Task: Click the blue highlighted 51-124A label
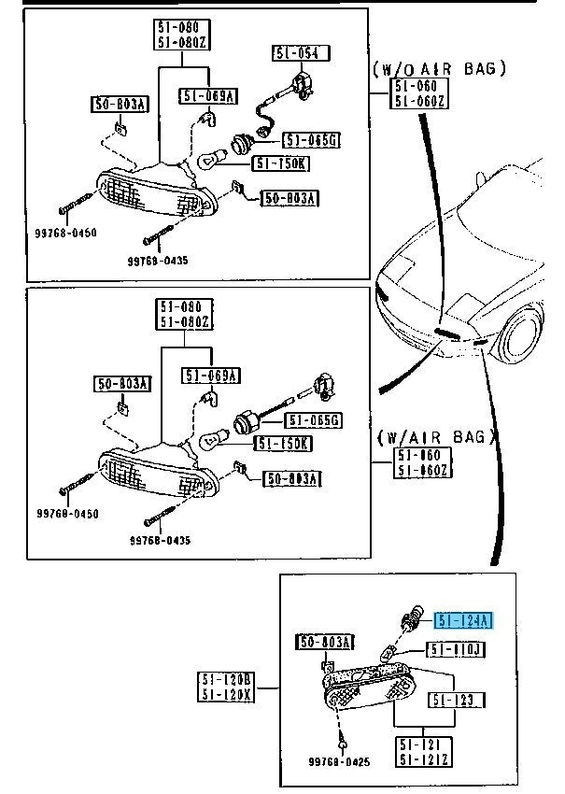(464, 619)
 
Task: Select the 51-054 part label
(297, 53)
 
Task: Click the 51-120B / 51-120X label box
(224, 687)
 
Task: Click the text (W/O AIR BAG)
(440, 68)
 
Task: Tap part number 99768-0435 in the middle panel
(157, 541)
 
